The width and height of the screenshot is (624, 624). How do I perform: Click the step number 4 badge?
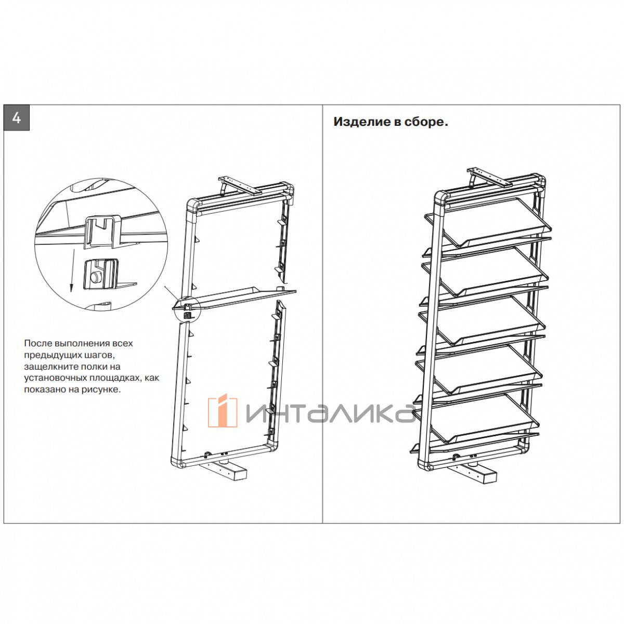(17, 118)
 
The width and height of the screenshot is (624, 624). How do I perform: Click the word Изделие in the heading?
(362, 122)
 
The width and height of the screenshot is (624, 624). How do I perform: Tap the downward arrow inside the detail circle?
(72, 270)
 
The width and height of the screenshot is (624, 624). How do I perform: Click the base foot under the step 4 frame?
(224, 471)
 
